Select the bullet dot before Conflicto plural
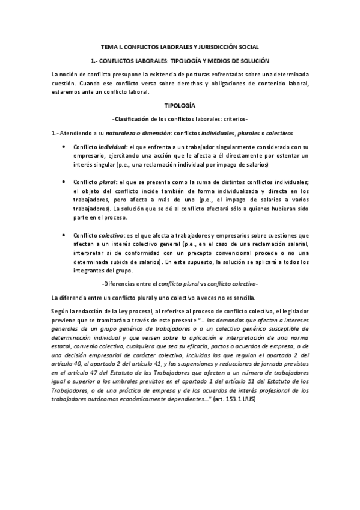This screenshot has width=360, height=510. coord(64,181)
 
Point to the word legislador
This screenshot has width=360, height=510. coord(291,311)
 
